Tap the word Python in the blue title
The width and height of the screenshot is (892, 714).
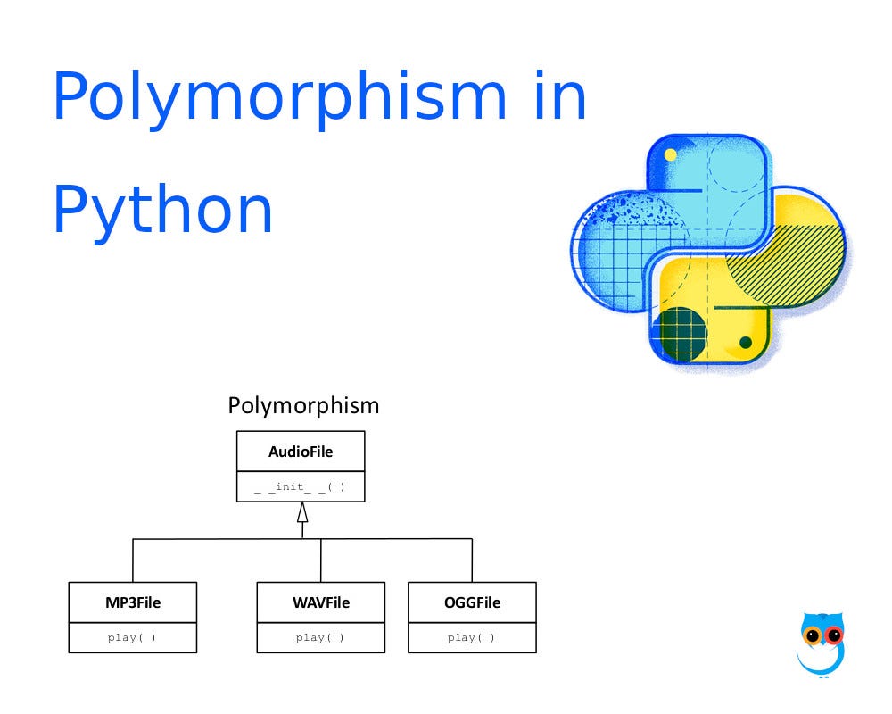162,210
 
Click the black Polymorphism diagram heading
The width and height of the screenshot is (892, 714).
303,405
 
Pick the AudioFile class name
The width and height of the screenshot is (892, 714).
301,452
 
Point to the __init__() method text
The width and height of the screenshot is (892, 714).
301,486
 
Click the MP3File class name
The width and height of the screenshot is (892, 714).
133,602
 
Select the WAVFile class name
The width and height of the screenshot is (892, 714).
321,602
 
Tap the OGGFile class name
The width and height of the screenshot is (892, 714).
472,602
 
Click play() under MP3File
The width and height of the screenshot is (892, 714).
133,638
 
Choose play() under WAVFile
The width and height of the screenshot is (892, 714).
321,638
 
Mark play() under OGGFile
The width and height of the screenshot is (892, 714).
472,638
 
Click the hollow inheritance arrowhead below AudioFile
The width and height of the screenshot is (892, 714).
302,512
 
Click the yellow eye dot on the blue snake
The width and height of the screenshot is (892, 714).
670,154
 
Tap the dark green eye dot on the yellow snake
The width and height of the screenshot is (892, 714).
745,343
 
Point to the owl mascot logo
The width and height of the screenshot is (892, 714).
821,643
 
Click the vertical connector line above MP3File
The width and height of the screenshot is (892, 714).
133,560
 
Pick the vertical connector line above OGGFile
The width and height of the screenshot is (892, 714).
472,560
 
